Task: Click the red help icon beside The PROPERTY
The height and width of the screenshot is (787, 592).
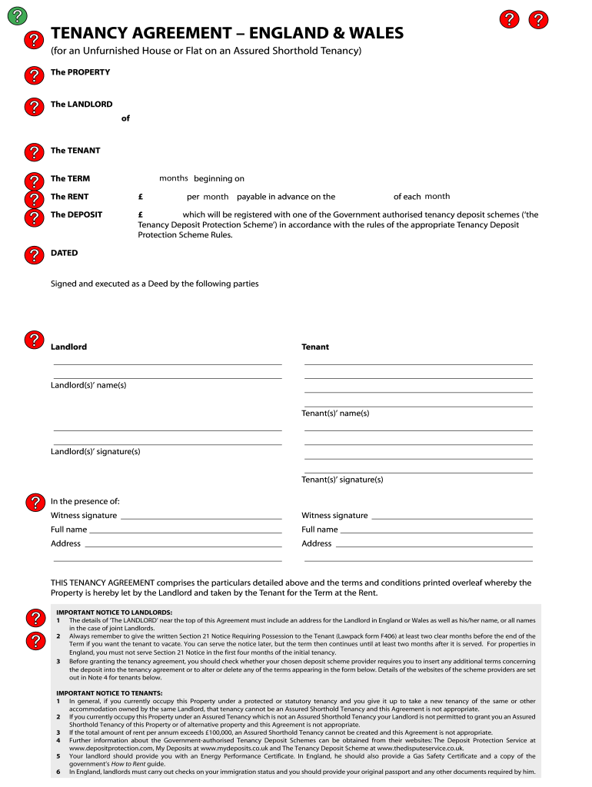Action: [x=35, y=75]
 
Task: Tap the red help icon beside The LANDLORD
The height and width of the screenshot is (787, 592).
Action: [x=35, y=107]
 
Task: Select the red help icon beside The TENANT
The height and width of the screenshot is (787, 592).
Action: [x=35, y=152]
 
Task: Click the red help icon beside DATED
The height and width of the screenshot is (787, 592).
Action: [x=35, y=254]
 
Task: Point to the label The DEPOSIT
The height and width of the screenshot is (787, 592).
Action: [x=76, y=215]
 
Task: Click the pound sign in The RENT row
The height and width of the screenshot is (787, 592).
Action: [x=141, y=197]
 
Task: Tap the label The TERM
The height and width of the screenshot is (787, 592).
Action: [x=70, y=179]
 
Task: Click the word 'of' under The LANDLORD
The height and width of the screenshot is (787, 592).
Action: [x=125, y=118]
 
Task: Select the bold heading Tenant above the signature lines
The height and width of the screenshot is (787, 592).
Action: [x=315, y=347]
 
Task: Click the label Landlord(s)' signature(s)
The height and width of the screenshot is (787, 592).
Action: [x=95, y=452]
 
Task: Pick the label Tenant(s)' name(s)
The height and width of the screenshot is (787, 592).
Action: [x=335, y=413]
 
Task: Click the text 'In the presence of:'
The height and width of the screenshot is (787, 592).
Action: [x=85, y=501]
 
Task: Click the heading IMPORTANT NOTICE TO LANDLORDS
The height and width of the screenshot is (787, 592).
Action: [x=114, y=613]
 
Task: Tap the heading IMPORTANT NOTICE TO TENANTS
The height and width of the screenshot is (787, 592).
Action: [x=108, y=693]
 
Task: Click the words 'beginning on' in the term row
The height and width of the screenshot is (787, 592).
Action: [x=219, y=179]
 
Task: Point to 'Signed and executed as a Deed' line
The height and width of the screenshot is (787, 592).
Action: [x=155, y=284]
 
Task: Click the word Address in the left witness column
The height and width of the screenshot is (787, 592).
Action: [x=65, y=543]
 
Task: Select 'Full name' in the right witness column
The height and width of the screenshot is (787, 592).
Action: [x=320, y=530]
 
